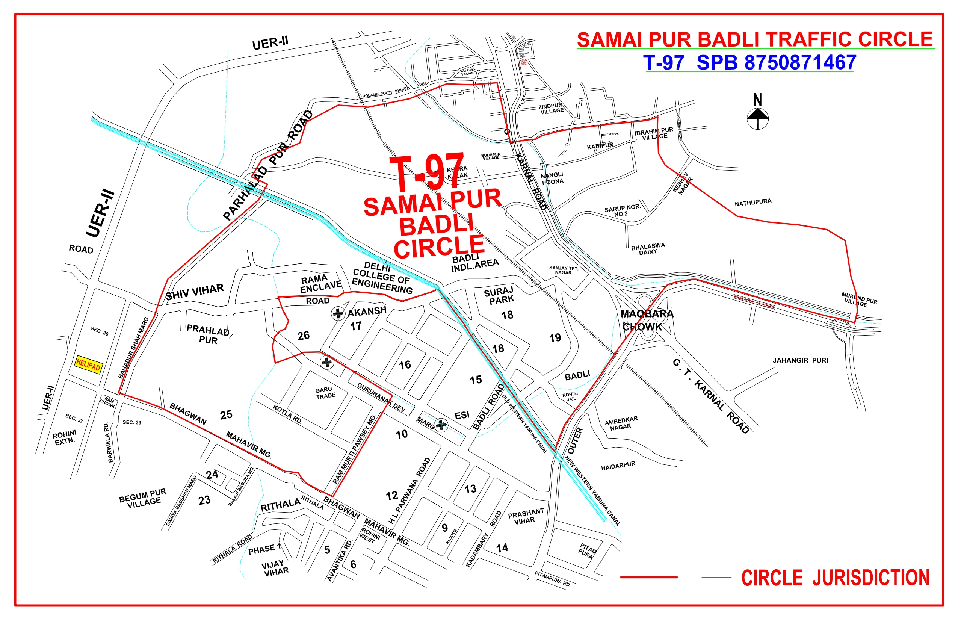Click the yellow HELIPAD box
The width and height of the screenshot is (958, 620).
pos(88,365)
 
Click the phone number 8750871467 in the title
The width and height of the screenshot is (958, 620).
pos(800,63)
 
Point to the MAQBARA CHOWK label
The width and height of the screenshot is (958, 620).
pos(647,320)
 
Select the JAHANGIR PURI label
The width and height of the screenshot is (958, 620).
pos(800,360)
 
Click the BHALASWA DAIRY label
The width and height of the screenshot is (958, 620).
pos(648,249)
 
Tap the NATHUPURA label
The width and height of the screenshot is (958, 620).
pos(753,202)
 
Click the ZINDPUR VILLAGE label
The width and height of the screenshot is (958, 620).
pos(551,109)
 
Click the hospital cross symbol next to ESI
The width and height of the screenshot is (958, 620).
pos(441,425)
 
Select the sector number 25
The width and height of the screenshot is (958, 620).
pos(226,415)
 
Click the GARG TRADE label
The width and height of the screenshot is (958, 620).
pos(325,393)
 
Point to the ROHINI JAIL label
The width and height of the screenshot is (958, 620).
pos(570,396)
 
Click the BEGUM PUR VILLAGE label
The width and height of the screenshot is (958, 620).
pos(143,498)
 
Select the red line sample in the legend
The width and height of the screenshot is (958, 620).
pos(648,577)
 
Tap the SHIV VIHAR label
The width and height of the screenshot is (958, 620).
pos(195,292)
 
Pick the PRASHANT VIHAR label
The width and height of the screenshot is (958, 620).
pos(526,516)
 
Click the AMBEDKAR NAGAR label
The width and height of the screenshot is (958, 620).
pos(621,423)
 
